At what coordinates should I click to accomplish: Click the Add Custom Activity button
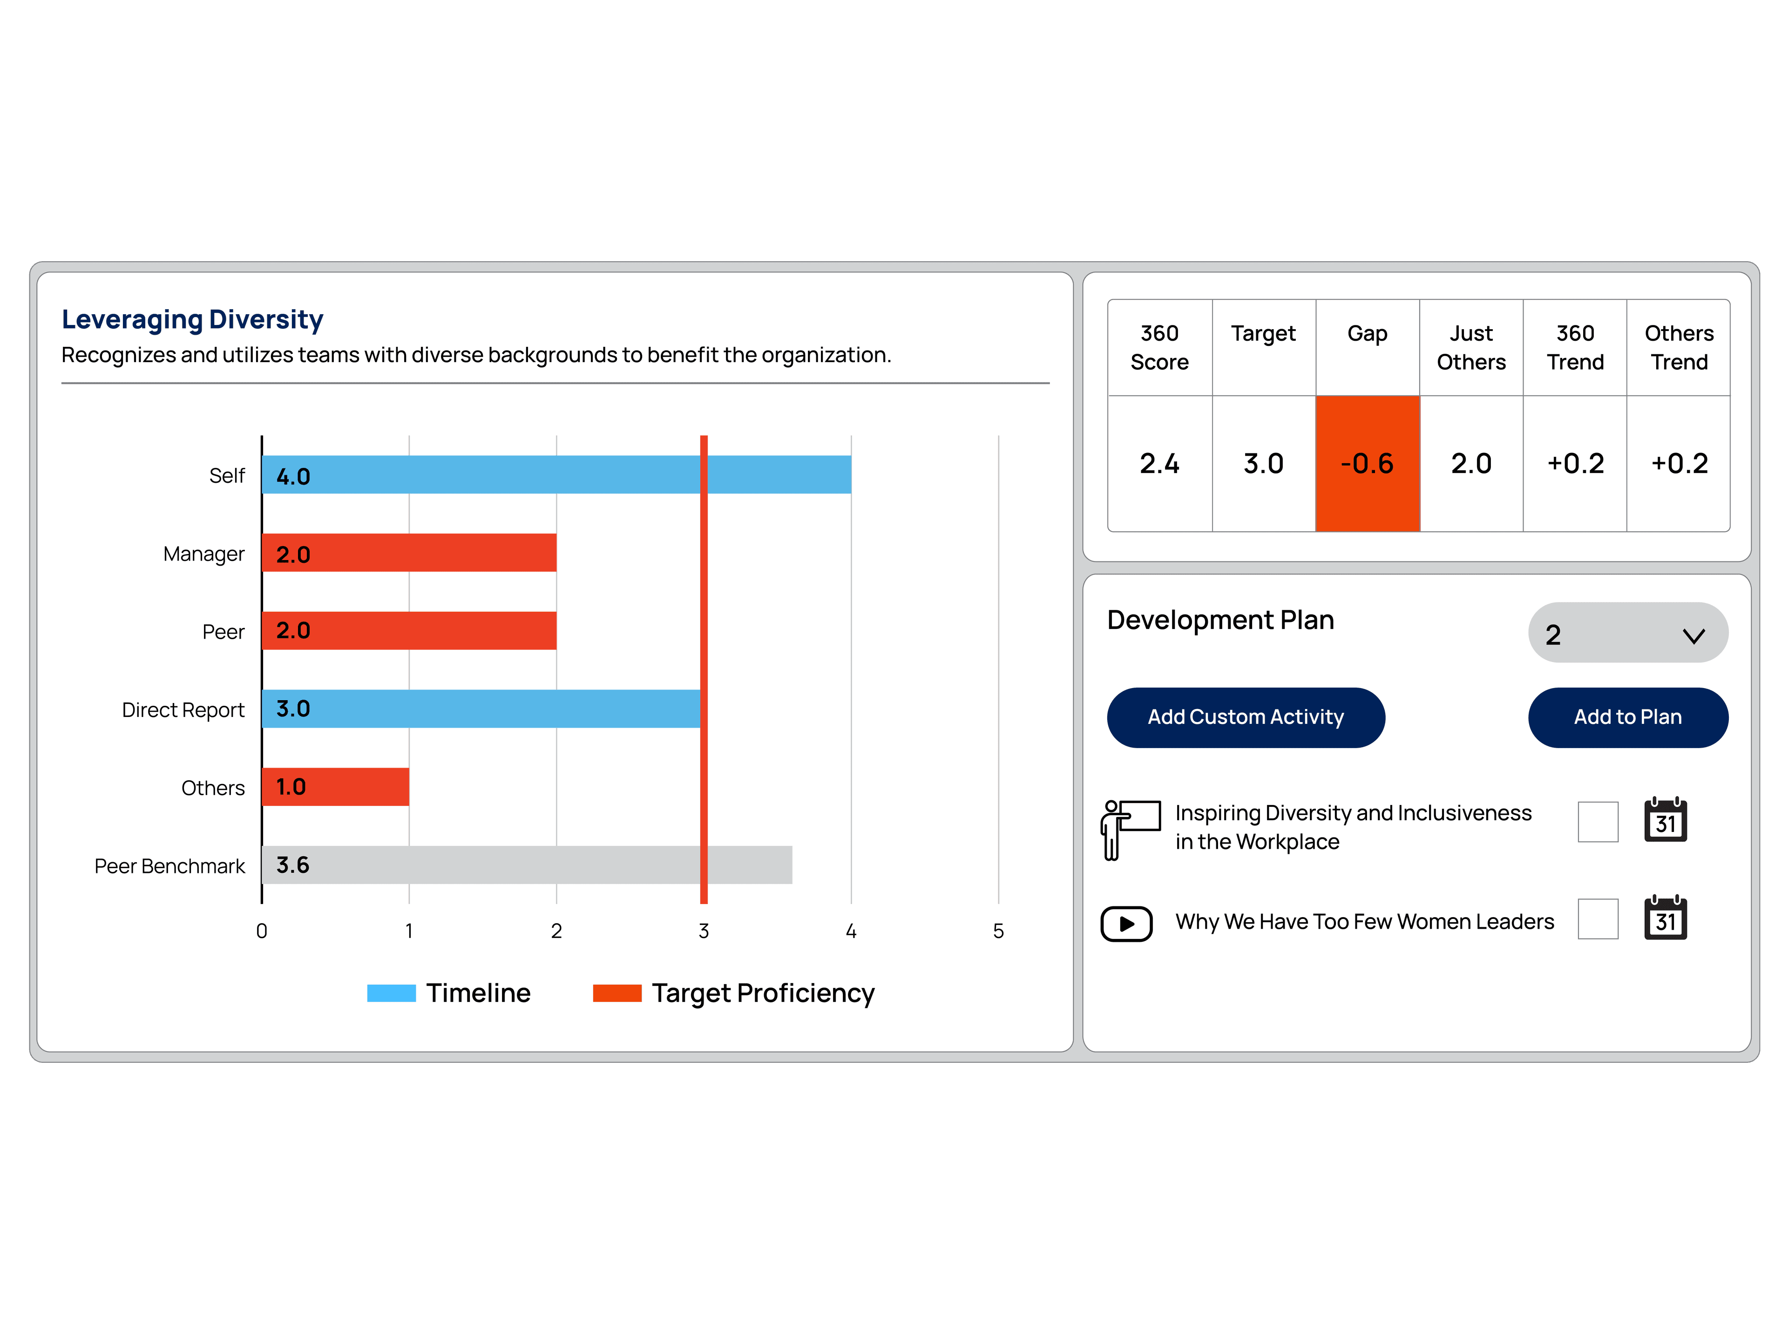pos(1246,717)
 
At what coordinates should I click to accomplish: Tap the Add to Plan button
pos(1628,717)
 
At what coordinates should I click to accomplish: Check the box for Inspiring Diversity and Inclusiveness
pos(1597,822)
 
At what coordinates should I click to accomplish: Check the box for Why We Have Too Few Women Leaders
pos(1597,919)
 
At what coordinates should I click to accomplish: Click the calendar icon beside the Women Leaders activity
pos(1666,919)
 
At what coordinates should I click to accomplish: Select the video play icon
pos(1126,923)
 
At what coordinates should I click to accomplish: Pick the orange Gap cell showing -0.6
pos(1367,463)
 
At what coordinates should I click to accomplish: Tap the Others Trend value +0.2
pos(1679,463)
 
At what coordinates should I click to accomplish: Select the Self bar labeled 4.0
pos(556,474)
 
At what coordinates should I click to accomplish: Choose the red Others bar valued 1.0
pos(335,786)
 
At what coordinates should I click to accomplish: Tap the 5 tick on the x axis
pos(998,931)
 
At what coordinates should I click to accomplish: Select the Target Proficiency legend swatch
pos(616,993)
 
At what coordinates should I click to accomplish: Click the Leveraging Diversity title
pos(192,319)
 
